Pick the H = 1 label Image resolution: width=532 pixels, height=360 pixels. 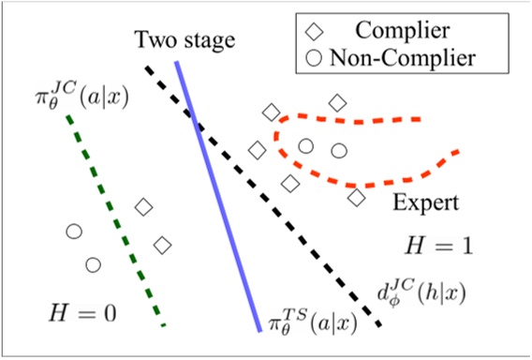click(x=436, y=247)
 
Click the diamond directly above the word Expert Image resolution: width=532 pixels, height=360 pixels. click(x=356, y=198)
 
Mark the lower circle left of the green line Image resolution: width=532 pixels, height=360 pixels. click(x=93, y=264)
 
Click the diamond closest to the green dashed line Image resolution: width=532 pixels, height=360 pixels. click(x=144, y=207)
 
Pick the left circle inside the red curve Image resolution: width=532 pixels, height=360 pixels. click(x=305, y=145)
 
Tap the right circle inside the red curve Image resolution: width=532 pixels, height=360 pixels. click(x=339, y=150)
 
